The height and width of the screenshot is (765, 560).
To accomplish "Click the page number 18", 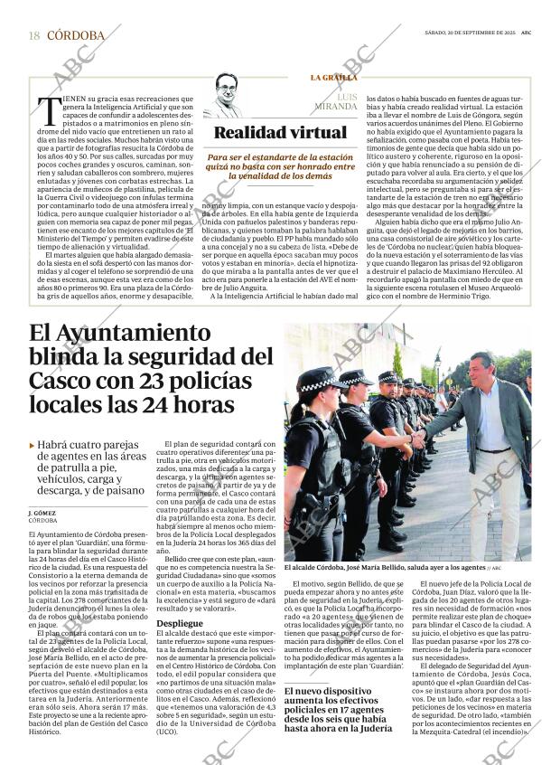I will (33, 35).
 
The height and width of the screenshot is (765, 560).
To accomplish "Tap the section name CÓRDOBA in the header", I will (75, 35).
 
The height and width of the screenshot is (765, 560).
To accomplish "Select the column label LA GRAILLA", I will (333, 78).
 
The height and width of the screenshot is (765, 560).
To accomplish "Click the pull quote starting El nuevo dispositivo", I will (334, 695).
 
